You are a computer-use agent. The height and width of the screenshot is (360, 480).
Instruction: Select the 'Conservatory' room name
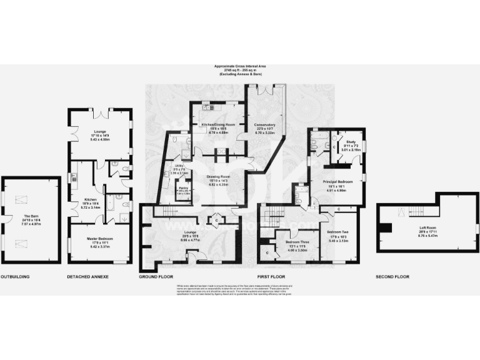266,125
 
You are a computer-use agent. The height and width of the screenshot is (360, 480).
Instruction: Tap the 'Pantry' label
184,188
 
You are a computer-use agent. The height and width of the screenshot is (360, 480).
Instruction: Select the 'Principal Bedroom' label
337,181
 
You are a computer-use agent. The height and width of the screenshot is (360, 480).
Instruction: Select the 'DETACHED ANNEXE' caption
87,276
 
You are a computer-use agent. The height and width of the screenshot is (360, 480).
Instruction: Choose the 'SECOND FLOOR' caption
392,276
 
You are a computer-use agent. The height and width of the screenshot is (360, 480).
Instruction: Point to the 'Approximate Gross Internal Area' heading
240,66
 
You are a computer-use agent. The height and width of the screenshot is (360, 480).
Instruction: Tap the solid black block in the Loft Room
387,229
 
